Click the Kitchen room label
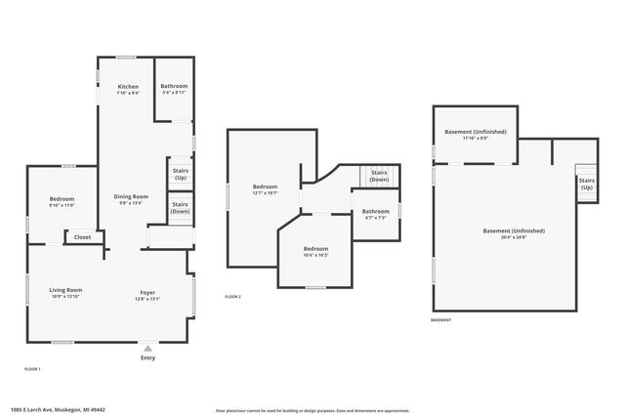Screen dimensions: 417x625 [x=128, y=86]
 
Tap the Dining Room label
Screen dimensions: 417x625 [x=131, y=196]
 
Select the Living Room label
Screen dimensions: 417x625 [x=66, y=290]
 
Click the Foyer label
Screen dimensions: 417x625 [x=146, y=290]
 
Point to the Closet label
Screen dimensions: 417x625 [x=83, y=236]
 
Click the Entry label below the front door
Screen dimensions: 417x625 [x=147, y=358]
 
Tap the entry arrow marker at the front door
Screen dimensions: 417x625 [x=147, y=347]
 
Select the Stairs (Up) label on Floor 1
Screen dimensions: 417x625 [x=181, y=174]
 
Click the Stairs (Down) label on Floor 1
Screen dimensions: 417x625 [x=181, y=207]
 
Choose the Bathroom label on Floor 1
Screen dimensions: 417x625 [x=174, y=86]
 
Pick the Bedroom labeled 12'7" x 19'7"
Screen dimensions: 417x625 [x=265, y=187]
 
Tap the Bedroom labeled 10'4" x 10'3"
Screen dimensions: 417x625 [x=314, y=248]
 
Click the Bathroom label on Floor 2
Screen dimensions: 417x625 [x=376, y=211]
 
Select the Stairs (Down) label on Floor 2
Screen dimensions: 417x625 [x=379, y=177]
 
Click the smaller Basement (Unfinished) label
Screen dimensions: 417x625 [x=475, y=132]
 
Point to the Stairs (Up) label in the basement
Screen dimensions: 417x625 [x=587, y=183]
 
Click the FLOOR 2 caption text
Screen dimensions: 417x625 [x=232, y=296]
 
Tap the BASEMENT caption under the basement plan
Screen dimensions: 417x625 [x=441, y=319]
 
